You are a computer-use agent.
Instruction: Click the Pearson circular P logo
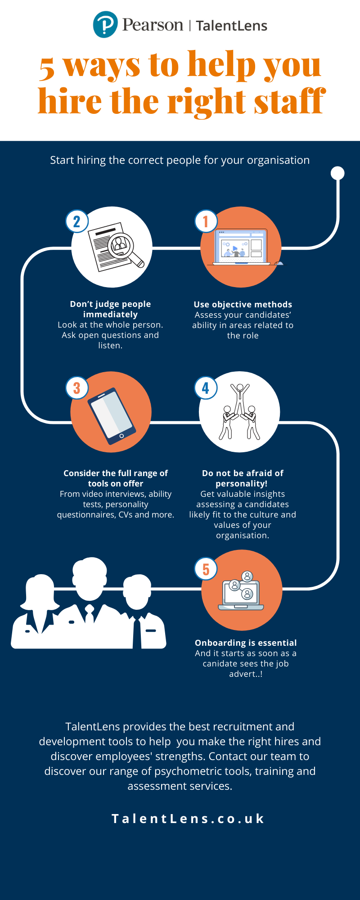point(105,24)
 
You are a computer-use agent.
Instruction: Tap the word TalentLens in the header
point(231,26)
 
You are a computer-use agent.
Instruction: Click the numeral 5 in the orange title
point(47,68)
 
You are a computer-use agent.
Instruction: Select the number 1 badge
point(206,221)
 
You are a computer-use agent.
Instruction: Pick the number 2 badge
point(77,221)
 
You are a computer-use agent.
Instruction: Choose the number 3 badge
point(77,388)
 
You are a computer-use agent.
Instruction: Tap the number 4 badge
point(206,388)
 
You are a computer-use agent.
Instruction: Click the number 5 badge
point(206,569)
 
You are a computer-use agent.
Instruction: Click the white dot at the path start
point(337,173)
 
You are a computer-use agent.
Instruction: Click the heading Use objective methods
point(243,305)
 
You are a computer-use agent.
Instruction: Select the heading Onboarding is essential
point(246,643)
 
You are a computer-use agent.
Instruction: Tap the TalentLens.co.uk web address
point(188,819)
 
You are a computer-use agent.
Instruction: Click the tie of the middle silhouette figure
point(90,614)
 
